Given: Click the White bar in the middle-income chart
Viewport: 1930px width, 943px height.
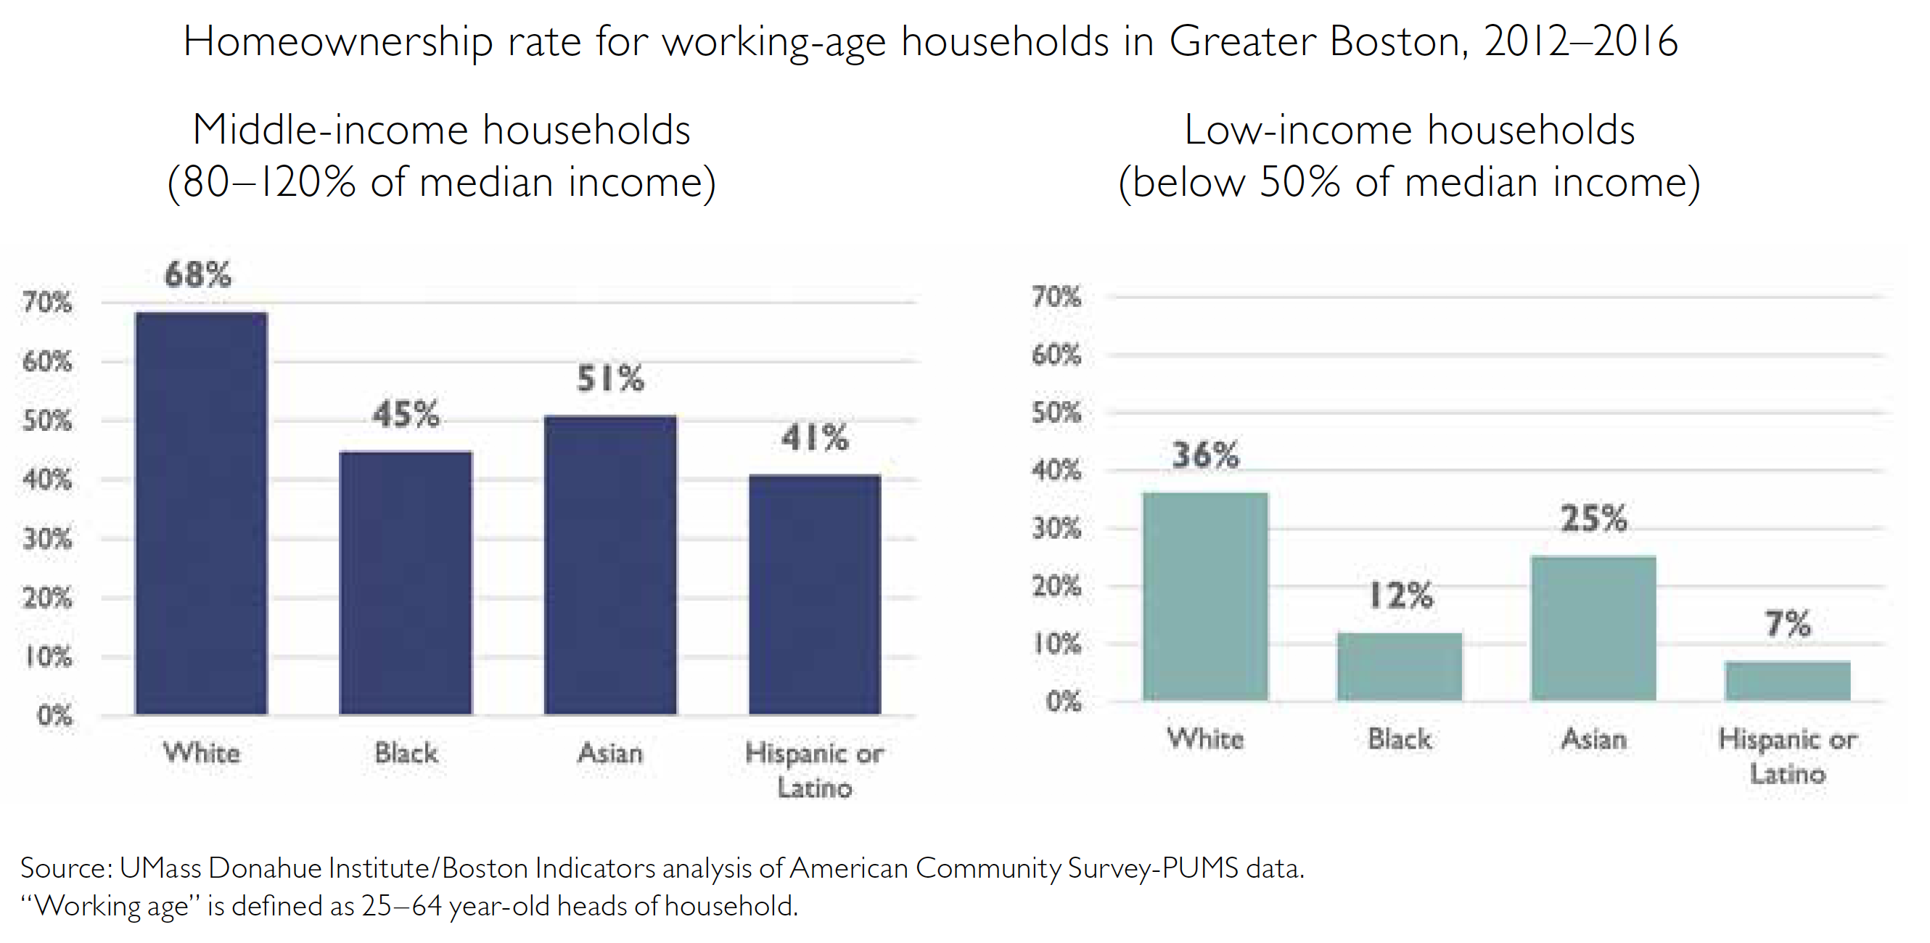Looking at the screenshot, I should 201,513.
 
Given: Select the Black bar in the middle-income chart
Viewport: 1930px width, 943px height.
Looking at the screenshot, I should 406,582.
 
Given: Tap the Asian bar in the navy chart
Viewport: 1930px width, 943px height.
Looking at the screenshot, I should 610,565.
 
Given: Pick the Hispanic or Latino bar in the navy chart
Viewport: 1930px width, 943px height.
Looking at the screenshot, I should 814,595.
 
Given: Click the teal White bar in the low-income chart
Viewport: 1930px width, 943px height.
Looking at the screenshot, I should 1204,596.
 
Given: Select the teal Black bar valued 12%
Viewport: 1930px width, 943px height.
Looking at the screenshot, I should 1399,667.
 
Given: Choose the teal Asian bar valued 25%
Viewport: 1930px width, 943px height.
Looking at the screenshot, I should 1593,628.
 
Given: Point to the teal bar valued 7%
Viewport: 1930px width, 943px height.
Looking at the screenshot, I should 1787,681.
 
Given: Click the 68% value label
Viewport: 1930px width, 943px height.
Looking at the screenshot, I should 198,275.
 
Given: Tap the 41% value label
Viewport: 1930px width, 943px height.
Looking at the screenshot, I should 814,437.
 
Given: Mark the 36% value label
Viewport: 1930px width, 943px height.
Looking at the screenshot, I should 1204,455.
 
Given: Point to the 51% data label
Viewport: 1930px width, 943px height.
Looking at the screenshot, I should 610,378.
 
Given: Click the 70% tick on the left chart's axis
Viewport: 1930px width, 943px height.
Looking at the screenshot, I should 47,302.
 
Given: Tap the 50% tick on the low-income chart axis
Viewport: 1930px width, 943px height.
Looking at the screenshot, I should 1056,413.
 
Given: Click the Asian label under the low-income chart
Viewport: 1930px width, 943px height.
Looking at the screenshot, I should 1593,740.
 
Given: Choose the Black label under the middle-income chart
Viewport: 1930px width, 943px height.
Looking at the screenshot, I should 406,753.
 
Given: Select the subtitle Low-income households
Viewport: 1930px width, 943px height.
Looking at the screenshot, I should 1408,131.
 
